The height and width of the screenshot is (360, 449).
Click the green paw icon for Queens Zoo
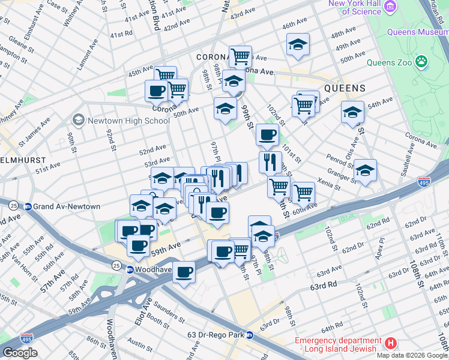coord(423,61)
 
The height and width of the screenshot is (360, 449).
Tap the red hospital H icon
coord(391,344)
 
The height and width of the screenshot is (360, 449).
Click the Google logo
coord(20,353)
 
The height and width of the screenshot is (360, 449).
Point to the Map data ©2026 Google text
coord(412,355)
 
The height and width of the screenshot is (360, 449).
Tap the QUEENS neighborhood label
coord(345,88)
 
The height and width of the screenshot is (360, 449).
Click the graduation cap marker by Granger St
coord(365,170)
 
